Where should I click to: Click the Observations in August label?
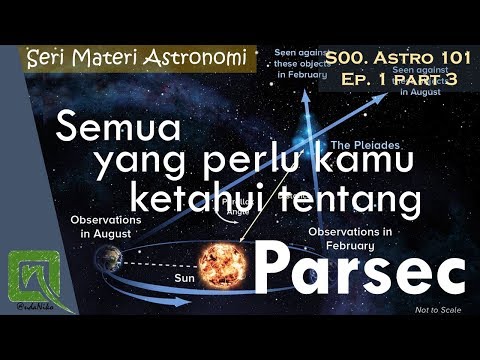click(99, 225)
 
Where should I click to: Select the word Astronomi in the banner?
click(196, 60)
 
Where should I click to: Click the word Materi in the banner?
click(108, 60)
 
